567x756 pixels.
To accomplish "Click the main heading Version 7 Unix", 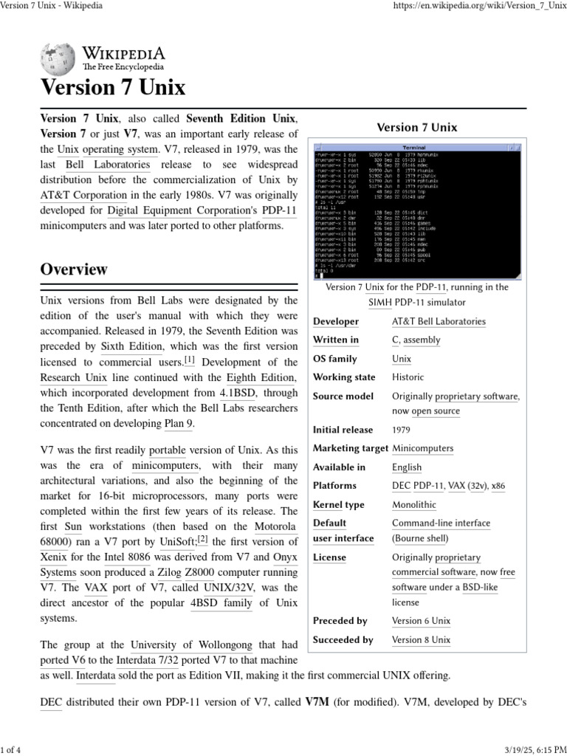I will click(x=113, y=88).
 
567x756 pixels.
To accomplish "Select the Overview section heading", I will click(x=74, y=269).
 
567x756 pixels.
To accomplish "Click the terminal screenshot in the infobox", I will click(x=418, y=210).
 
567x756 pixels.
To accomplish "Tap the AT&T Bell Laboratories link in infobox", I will click(x=439, y=321).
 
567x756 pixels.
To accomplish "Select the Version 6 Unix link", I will click(x=421, y=621).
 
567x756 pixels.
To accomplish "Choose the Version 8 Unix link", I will click(x=421, y=640).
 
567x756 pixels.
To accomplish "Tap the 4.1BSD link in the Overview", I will click(x=237, y=393).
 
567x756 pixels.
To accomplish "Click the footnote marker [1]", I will click(x=190, y=360).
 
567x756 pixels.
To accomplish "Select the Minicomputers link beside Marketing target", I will click(x=422, y=448).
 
